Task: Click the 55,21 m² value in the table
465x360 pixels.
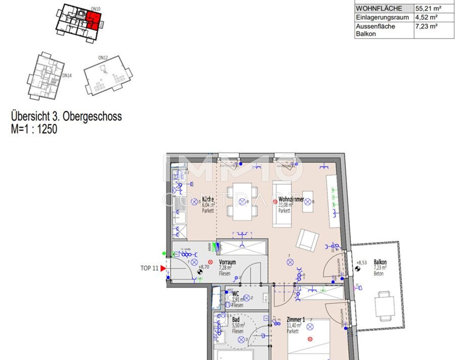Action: click(428, 8)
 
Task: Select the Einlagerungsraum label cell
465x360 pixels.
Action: click(382, 17)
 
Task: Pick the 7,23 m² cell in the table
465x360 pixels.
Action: click(426, 26)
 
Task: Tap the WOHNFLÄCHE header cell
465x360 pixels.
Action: click(379, 8)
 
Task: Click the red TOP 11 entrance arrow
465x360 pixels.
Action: click(163, 268)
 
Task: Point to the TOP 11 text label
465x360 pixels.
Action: click(149, 268)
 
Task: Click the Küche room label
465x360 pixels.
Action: click(208, 199)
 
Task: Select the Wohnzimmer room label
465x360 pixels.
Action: click(291, 199)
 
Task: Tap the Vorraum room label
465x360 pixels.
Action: click(227, 262)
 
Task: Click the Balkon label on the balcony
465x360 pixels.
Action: click(380, 262)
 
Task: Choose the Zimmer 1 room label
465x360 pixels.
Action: click(296, 320)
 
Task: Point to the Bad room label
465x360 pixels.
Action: click(236, 320)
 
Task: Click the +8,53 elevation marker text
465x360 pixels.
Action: click(362, 263)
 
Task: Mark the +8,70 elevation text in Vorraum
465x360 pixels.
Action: click(204, 267)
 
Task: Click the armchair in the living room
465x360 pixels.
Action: click(308, 240)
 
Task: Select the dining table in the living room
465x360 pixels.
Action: click(242, 202)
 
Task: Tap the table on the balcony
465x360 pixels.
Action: click(385, 306)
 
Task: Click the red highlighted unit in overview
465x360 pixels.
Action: click(93, 20)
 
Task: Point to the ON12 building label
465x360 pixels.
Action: click(103, 58)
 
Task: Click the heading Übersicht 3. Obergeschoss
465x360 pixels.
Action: click(67, 116)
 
